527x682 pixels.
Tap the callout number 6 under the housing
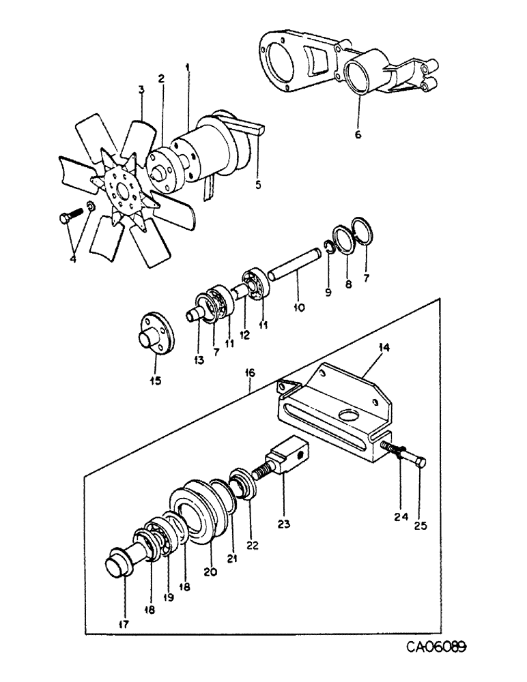point(358,134)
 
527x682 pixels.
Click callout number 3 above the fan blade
point(141,89)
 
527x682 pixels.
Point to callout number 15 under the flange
point(156,380)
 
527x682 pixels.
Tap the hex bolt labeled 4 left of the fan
point(65,219)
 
